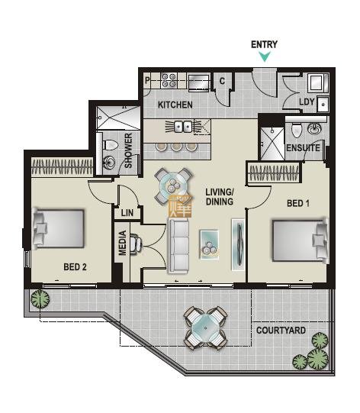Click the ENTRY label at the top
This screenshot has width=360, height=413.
(264, 44)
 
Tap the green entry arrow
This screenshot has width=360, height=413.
(265, 56)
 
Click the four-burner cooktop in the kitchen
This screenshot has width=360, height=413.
(169, 80)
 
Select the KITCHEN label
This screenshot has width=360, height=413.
(175, 105)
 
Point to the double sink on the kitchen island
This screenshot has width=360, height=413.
(183, 127)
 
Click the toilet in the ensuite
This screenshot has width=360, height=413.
(297, 130)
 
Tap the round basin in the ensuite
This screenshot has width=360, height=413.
(314, 129)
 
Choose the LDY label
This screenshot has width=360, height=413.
(307, 102)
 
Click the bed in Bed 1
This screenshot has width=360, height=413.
(301, 240)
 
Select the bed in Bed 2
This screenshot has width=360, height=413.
(59, 228)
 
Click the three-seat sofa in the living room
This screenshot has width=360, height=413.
(178, 246)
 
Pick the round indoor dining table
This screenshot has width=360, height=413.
(173, 186)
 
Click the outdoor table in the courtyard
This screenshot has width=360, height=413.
(205, 328)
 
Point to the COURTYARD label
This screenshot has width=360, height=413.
(281, 331)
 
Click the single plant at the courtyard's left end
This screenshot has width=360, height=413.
(40, 299)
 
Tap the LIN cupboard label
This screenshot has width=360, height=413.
(127, 213)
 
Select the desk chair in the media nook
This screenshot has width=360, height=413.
(136, 244)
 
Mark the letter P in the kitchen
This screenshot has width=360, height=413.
(147, 80)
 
